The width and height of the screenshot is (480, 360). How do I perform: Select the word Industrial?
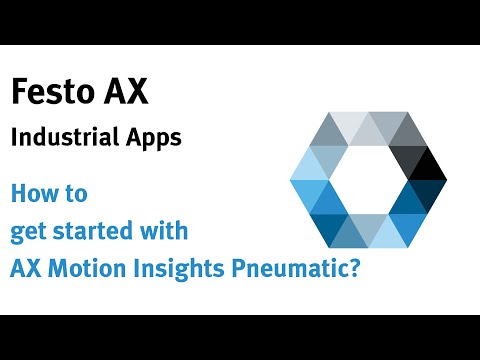click(x=60, y=138)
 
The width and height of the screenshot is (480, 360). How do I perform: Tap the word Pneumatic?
click(x=285, y=268)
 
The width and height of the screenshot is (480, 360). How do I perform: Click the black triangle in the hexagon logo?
click(x=429, y=163)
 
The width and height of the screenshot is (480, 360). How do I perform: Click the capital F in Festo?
click(x=18, y=93)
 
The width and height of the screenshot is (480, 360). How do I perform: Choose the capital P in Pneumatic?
click(x=234, y=268)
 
